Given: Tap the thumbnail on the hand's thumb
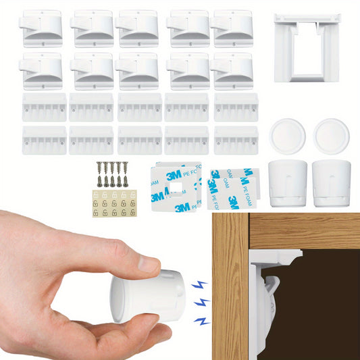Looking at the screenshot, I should pos(149,264).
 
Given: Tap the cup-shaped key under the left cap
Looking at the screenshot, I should pos(288,182).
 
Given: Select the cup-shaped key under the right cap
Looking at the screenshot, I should pos(331,182).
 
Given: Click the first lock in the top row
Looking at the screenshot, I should pos(42,28).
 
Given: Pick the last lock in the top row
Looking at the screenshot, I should pos(233,28).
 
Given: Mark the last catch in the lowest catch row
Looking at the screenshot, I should pos(236,139).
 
